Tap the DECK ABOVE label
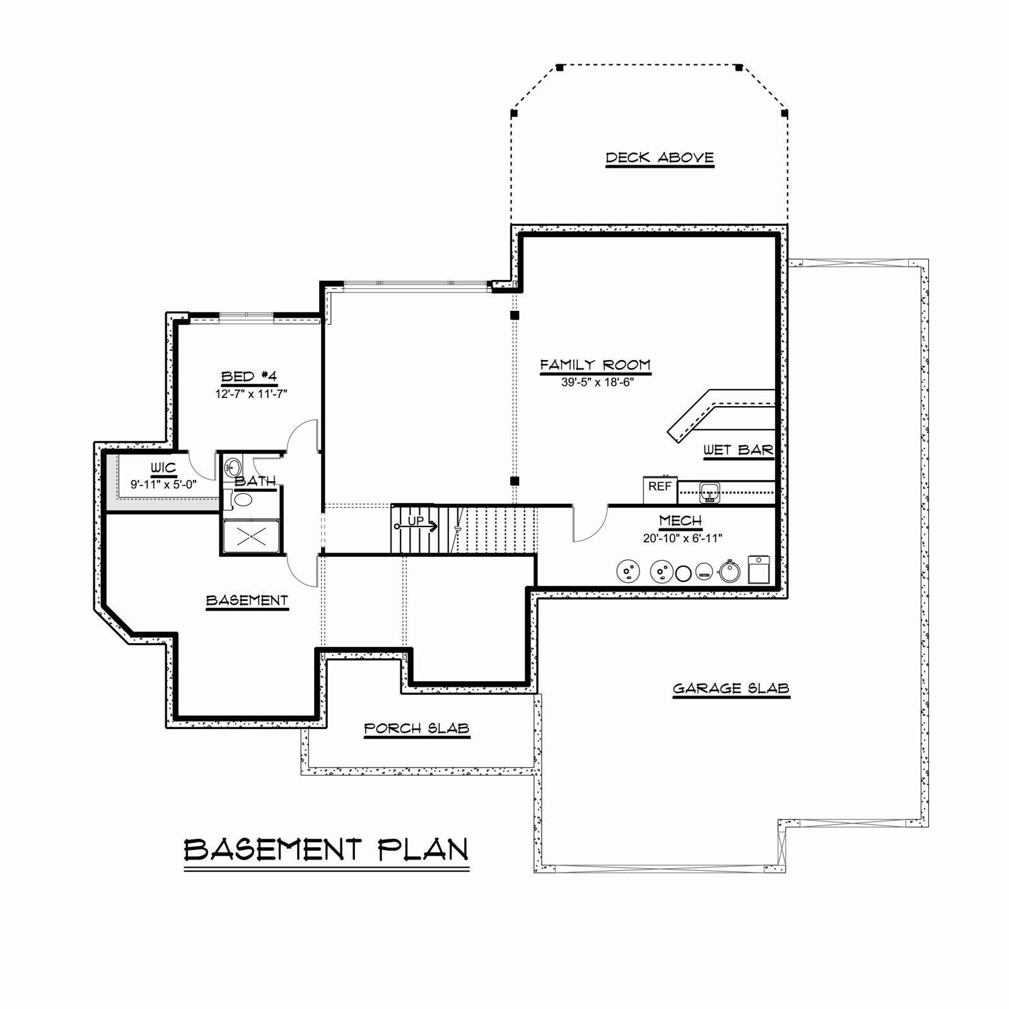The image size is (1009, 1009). (660, 157)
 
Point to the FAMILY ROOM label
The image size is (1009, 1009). (595, 365)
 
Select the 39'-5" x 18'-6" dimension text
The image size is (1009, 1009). (597, 382)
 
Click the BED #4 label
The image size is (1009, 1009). (249, 376)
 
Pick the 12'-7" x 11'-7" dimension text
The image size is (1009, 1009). (251, 394)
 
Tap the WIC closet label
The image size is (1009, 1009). (163, 468)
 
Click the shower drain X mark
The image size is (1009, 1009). (252, 536)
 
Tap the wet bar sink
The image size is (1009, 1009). (711, 491)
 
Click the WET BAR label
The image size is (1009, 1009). (738, 450)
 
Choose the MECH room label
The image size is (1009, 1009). (680, 521)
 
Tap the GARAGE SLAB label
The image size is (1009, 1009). (731, 689)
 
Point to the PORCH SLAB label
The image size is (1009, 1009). (417, 729)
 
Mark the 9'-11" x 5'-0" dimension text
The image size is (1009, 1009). (164, 485)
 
